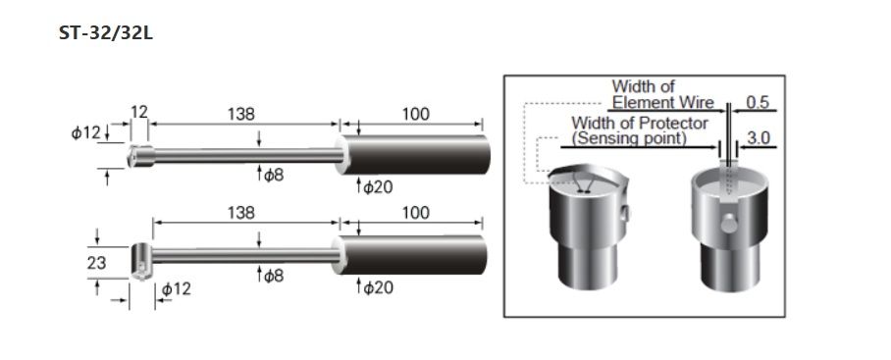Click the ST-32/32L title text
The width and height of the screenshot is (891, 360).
(x=106, y=33)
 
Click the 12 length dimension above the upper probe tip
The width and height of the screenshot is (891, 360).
(x=139, y=112)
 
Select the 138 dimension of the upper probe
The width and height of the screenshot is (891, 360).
(x=241, y=114)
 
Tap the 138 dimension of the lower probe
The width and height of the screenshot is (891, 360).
(x=241, y=213)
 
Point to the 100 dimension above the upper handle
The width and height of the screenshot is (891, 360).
(x=416, y=114)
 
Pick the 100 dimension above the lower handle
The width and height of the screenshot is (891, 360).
(x=416, y=213)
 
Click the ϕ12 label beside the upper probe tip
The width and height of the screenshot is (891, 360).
(x=85, y=132)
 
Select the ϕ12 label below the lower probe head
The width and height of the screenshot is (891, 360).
(x=177, y=289)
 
